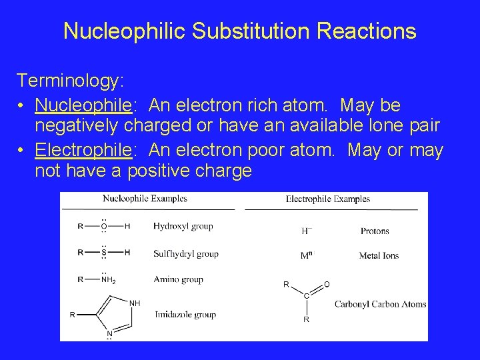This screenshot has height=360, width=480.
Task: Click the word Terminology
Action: tap(69, 81)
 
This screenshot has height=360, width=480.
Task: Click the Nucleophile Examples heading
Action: tap(145, 199)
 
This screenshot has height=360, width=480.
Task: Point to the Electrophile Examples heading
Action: tap(327, 199)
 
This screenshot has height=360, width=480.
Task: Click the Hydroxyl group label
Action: tap(183, 227)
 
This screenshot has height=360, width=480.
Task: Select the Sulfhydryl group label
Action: tap(185, 254)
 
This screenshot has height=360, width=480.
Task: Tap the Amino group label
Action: tap(178, 280)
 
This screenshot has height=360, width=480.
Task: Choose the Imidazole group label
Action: tap(185, 315)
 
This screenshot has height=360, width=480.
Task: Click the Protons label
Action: tap(375, 231)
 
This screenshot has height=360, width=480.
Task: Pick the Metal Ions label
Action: tap(379, 256)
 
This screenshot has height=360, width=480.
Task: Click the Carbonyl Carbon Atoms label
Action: tap(380, 305)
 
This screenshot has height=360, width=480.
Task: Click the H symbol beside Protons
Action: tap(305, 231)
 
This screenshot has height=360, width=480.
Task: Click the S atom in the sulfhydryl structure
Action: tap(103, 253)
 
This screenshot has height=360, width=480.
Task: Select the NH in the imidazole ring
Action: tap(135, 303)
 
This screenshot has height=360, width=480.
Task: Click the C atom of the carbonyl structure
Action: tap(306, 295)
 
